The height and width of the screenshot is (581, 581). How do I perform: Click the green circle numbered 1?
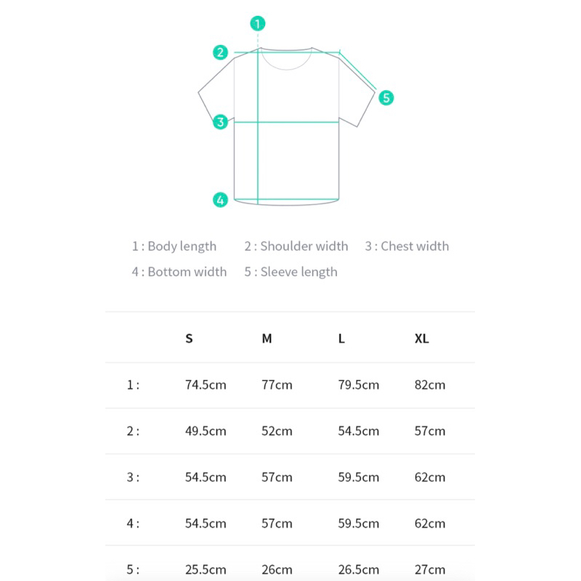point(258,24)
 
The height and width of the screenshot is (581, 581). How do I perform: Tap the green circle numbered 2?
point(220,52)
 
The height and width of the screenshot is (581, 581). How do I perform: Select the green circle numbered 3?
point(220,122)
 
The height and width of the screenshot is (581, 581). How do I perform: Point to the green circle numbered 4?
point(220,200)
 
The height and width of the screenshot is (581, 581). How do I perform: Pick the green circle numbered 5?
point(386,98)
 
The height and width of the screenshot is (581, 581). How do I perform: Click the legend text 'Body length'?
point(182,246)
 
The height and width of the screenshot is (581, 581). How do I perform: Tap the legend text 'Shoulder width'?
point(304,246)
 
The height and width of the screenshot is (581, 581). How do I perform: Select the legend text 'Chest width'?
point(415,246)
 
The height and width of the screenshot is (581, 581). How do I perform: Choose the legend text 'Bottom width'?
point(187,272)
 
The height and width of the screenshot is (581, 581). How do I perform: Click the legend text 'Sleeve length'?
point(299,272)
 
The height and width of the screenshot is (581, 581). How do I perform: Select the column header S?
point(189,338)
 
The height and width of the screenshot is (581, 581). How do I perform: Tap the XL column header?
point(422,338)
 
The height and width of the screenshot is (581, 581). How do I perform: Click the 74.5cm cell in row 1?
point(206,385)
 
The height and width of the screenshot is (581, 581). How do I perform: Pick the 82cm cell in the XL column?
point(430,385)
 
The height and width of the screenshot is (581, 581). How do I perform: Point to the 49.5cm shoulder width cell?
point(206,431)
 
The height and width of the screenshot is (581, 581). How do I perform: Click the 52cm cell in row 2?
point(277,431)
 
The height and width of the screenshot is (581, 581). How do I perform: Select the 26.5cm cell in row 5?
point(358,569)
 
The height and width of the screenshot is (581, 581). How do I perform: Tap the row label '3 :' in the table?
point(133,477)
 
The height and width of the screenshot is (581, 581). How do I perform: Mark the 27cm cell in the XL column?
point(430,569)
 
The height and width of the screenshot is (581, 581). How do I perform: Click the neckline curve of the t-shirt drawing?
point(286,69)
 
